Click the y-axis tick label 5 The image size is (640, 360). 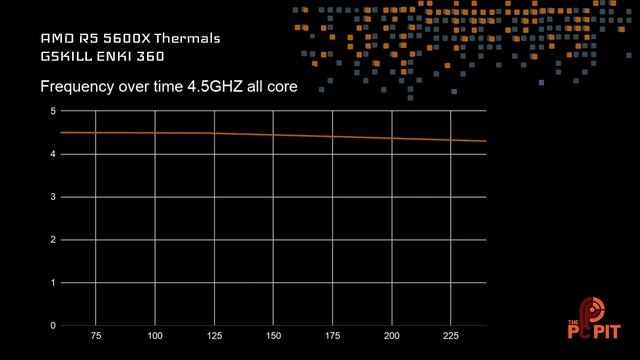tap(53, 111)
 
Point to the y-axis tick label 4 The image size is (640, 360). tap(53, 154)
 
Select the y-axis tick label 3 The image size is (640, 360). tap(53, 197)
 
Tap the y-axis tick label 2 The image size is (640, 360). tap(53, 240)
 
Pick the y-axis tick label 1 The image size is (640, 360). tap(53, 283)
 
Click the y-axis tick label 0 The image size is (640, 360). tap(53, 326)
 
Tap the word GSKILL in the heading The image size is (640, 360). tap(65, 58)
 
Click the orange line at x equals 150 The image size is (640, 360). tap(273, 135)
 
